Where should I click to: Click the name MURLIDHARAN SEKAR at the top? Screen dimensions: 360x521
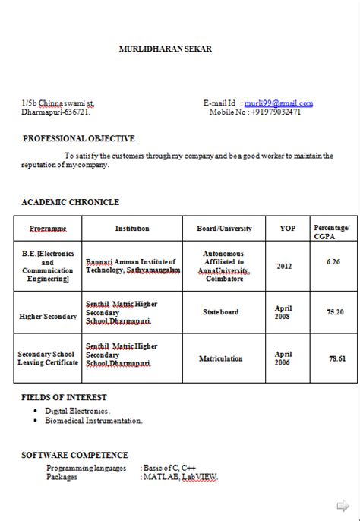coord(166,49)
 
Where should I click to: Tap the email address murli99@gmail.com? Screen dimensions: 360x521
coord(279,103)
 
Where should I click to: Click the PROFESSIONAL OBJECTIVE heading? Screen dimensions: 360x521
coord(79,139)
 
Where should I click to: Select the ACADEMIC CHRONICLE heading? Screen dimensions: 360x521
coord(70,202)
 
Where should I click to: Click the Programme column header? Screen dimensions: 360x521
coord(48,229)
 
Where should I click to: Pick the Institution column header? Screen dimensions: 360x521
coord(132,229)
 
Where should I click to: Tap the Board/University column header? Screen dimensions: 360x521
coord(224,229)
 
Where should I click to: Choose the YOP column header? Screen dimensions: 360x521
coord(288,229)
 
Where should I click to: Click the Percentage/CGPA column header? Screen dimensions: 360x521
coord(332,231)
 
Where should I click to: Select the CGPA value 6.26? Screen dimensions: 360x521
coord(333,261)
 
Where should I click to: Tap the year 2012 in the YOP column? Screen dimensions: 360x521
coord(284,267)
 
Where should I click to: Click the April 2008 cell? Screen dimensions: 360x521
coord(283,312)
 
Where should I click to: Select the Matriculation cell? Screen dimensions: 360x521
coord(221,358)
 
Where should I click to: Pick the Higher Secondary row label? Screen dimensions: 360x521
coord(48,316)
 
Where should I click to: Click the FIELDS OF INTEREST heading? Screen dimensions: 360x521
coord(64,397)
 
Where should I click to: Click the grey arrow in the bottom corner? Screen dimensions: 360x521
coord(343,504)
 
